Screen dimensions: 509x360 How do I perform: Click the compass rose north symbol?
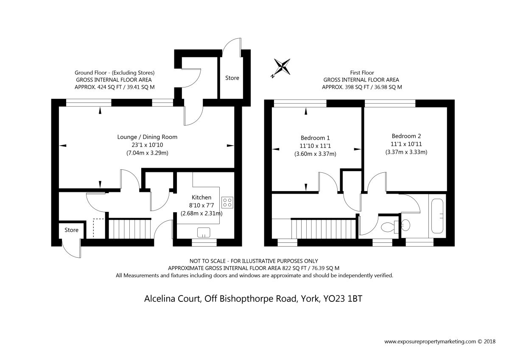pyautogui.click(x=282, y=67)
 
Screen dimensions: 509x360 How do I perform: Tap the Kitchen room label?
pyautogui.click(x=201, y=197)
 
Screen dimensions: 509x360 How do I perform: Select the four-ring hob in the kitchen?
pyautogui.click(x=227, y=202)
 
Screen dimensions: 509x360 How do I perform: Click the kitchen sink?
pyautogui.click(x=204, y=233)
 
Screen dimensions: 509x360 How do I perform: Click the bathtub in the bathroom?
pyautogui.click(x=437, y=216)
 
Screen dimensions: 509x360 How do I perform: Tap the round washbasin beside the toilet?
pyautogui.click(x=406, y=225)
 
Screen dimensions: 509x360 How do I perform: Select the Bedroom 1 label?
pyautogui.click(x=315, y=138)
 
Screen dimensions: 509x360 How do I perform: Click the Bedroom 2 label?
pyautogui.click(x=406, y=136)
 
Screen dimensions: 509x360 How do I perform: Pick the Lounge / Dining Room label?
pyautogui.click(x=147, y=137)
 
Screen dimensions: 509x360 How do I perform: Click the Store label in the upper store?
pyautogui.click(x=232, y=78)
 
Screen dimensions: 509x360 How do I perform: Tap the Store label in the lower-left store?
pyautogui.click(x=71, y=230)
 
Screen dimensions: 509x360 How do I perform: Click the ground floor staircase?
pyautogui.click(x=130, y=228)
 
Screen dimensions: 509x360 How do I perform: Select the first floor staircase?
pyautogui.click(x=324, y=228)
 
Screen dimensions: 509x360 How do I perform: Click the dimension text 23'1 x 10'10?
pyautogui.click(x=147, y=145)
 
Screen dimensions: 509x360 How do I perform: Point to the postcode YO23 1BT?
pyautogui.click(x=343, y=298)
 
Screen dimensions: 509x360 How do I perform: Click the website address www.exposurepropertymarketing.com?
pyautogui.click(x=430, y=348)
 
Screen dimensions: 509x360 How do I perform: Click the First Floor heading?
pyautogui.click(x=362, y=73)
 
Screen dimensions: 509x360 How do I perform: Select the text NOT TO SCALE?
pyautogui.click(x=207, y=261)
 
